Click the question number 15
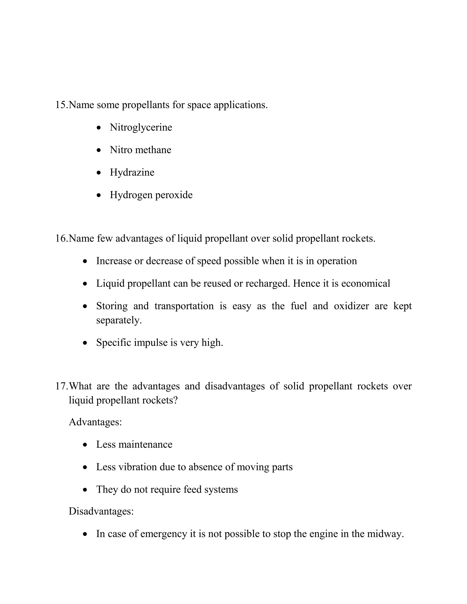coord(61,105)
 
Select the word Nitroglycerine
coord(141,127)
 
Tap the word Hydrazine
coord(132,173)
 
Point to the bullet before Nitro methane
coord(99,150)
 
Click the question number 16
coord(61,238)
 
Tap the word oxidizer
coord(351,306)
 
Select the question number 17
coord(61,386)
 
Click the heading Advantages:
coord(95,422)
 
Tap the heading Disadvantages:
coord(101,511)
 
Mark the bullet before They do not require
coord(85,490)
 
